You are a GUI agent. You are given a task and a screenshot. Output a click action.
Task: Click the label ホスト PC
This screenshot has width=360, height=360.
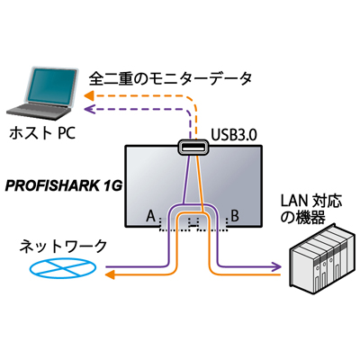[x=42, y=133]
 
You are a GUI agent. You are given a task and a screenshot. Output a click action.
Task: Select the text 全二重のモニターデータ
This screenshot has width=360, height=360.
[x=170, y=79]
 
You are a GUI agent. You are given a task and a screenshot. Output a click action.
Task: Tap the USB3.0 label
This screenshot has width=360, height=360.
[x=234, y=135]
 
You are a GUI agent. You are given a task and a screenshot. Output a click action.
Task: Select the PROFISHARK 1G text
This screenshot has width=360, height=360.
[x=64, y=186]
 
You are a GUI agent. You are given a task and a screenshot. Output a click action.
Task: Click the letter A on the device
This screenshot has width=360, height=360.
[x=151, y=216]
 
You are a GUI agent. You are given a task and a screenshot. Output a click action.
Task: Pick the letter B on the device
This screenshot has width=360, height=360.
[x=235, y=216]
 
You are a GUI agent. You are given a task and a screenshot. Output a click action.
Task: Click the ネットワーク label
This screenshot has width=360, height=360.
[x=63, y=247]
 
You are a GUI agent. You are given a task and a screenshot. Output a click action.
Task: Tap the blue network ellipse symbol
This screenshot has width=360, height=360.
[x=63, y=267]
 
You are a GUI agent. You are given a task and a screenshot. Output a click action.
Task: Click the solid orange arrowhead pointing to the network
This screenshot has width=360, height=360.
[x=110, y=274]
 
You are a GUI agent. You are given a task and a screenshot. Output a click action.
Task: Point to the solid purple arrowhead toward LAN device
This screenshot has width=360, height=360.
[x=276, y=265]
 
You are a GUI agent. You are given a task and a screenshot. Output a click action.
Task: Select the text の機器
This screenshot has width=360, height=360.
[x=302, y=218]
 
